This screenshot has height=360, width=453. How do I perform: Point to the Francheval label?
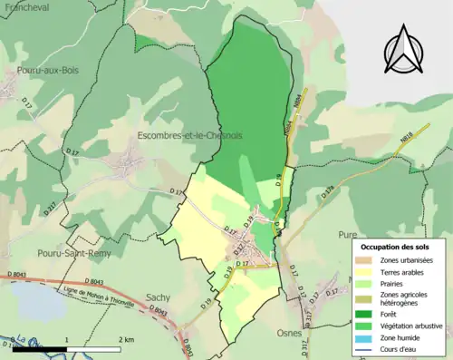27,6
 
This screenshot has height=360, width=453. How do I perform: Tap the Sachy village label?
158,297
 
